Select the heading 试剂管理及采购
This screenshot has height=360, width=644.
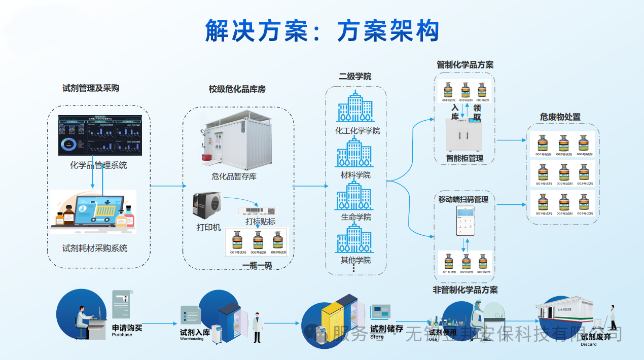[91, 88]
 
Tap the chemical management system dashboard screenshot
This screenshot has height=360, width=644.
[100, 135]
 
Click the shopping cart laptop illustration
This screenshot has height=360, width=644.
[94, 212]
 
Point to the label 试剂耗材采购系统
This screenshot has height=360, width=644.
[95, 248]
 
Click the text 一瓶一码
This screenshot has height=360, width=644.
[257, 266]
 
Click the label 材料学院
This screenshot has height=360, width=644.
[355, 175]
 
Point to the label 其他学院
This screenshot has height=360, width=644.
[355, 260]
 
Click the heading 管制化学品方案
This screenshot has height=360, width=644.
[464, 65]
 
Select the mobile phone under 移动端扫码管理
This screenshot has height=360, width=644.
[464, 221]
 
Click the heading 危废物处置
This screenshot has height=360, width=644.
[560, 117]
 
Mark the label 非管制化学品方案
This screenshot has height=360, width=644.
[465, 290]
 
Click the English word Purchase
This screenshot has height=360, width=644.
[122, 335]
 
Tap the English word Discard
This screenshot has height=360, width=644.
[589, 344]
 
